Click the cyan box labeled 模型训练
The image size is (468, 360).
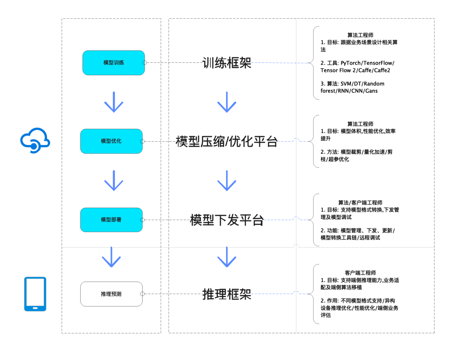coord(114,63)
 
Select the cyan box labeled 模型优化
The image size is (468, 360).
coord(111,141)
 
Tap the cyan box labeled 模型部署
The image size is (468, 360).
coord(111,220)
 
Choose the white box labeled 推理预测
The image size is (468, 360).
coord(111,294)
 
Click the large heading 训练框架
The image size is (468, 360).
coord(227,63)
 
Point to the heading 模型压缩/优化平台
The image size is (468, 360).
coord(227,142)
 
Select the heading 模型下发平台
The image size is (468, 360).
coord(227,220)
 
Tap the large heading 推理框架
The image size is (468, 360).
coord(227,294)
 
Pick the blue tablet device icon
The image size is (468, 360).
coord(35,294)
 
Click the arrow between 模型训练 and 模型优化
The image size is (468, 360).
coord(114,102)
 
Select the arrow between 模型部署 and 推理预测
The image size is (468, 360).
coord(111,257)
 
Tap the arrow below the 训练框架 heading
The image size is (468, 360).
coord(227,102)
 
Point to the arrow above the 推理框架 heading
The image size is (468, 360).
coord(227,257)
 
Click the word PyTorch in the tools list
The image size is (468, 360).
coord(351,63)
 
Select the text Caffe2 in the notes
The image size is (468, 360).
coord(382,71)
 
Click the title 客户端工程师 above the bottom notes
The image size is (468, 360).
coord(360,273)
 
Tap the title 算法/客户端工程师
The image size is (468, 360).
coord(360,203)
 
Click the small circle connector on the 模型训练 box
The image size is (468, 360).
coord(145,63)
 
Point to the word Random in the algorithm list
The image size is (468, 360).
coord(374,84)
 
